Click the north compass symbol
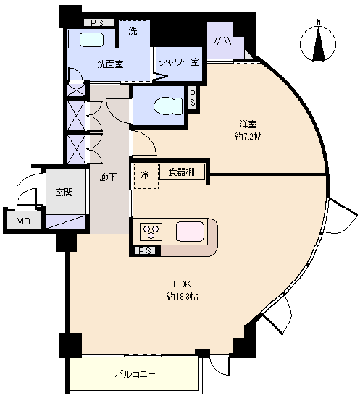(318, 43)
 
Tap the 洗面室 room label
(110, 64)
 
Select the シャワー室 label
(180, 62)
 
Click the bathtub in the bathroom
(91, 39)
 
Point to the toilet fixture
(168, 106)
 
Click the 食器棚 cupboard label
(182, 172)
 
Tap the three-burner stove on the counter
(151, 232)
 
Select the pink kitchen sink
(190, 231)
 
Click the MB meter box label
(23, 221)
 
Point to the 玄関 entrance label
(64, 192)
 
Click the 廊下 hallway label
(108, 177)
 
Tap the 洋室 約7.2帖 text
(248, 130)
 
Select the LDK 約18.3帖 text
(182, 290)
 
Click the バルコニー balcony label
(135, 374)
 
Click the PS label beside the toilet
(193, 98)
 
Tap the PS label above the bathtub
(98, 23)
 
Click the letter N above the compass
(318, 22)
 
